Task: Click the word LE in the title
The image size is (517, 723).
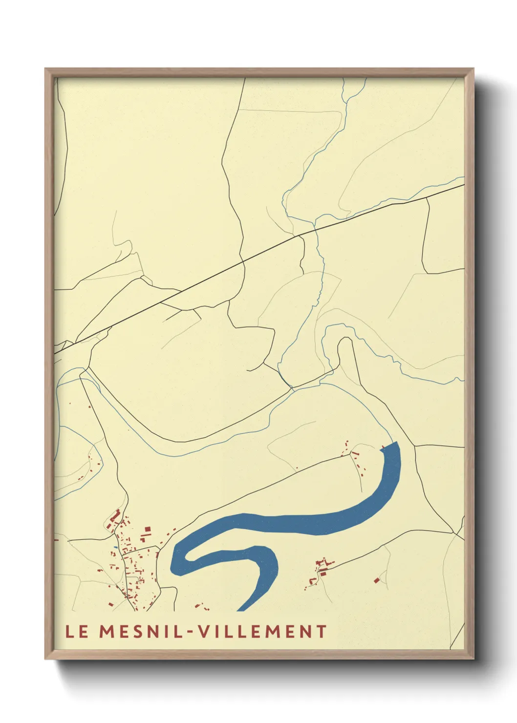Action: (x=77, y=631)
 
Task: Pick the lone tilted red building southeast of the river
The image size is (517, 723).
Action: (x=377, y=580)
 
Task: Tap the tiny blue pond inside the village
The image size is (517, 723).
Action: (x=116, y=547)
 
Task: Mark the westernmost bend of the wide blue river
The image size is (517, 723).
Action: (x=172, y=567)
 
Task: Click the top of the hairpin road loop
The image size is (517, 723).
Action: (x=345, y=338)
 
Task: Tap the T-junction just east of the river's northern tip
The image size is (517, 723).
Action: (x=414, y=446)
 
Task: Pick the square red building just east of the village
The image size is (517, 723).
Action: (x=147, y=529)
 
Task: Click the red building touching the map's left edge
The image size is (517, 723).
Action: (x=56, y=540)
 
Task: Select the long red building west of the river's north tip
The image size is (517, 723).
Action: (x=356, y=454)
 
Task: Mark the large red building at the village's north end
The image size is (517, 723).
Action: (x=115, y=515)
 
